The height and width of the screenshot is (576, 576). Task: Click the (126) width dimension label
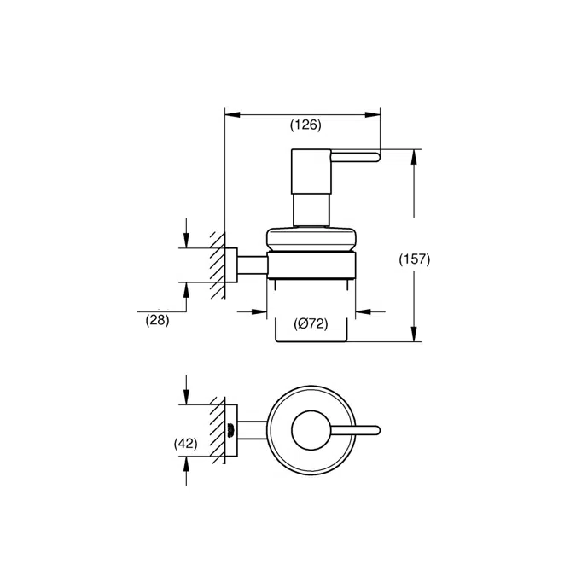(x=305, y=125)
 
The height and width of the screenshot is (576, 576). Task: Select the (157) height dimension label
(x=415, y=259)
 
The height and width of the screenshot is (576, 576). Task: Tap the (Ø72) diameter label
(x=311, y=323)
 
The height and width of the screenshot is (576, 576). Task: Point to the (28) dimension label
(x=158, y=321)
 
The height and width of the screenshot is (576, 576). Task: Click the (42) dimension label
(x=185, y=444)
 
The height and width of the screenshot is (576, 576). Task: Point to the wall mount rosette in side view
(x=230, y=265)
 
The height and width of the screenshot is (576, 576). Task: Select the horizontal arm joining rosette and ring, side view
(x=253, y=265)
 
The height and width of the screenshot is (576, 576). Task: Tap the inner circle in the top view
(x=310, y=431)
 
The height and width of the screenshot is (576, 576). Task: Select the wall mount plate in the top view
(x=230, y=431)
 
